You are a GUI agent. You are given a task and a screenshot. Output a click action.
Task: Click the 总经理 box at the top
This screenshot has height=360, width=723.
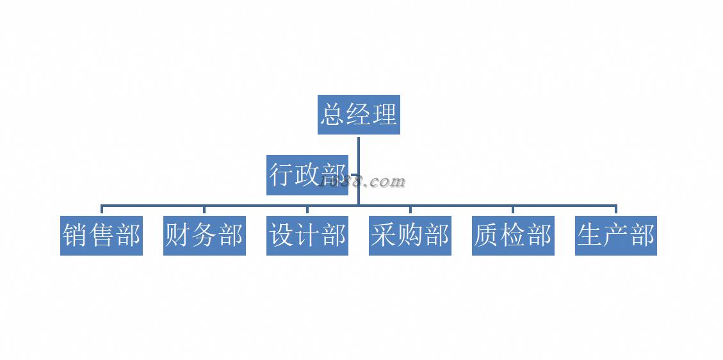pos(359,115)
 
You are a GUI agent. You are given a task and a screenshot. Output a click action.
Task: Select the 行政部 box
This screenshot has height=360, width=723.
pos(307,174)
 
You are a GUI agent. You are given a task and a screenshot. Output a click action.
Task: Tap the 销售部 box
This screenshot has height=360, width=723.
pos(101,236)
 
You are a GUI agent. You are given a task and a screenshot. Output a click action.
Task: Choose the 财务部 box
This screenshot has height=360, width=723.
pos(204,236)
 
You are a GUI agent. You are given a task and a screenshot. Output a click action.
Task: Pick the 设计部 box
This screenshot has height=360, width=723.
pos(307,236)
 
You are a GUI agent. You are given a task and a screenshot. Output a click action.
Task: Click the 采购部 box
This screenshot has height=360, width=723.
pos(410,236)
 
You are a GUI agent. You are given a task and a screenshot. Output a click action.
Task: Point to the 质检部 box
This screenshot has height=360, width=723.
pos(513,236)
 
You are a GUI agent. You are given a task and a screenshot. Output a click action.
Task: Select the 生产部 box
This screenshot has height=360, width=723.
pos(615,236)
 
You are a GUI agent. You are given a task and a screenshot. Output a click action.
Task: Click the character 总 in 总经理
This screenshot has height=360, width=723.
pos(333,115)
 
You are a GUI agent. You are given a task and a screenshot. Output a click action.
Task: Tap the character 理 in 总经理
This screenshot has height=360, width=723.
pos(385,115)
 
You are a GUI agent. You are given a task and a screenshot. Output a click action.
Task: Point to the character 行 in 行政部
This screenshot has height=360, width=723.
pos(281,174)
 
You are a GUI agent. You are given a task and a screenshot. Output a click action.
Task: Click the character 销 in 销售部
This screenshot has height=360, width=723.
pos(75,236)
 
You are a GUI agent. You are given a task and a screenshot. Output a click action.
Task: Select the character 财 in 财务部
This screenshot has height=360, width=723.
pos(178,236)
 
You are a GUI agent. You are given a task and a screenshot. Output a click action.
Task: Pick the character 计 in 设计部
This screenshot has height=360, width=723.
pos(307,236)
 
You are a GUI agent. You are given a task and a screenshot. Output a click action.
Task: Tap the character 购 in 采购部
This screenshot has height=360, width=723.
pos(410,236)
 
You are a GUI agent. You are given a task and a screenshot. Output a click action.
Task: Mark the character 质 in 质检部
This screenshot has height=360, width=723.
pos(487,236)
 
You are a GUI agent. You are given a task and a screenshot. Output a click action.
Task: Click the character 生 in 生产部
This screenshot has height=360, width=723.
pos(589,236)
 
